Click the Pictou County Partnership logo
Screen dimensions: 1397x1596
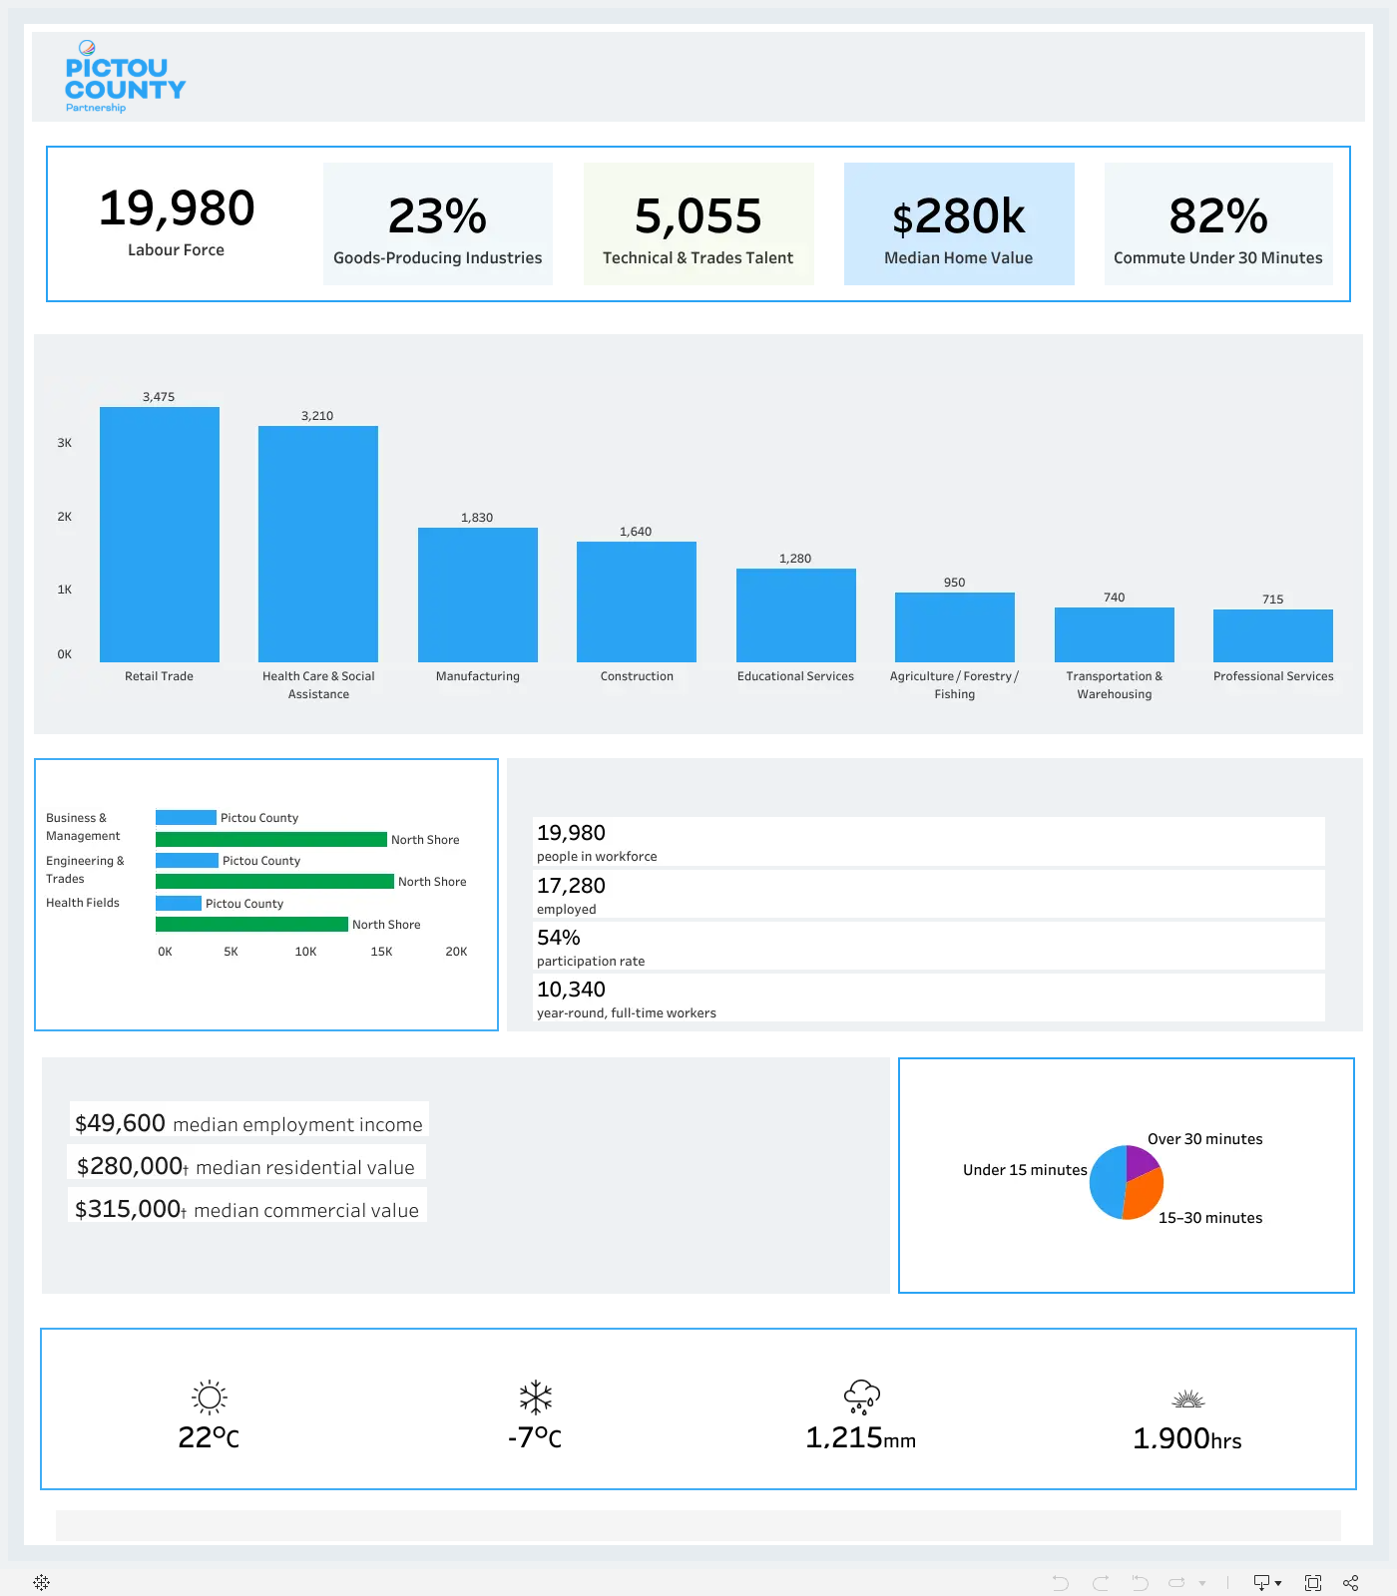[x=126, y=77]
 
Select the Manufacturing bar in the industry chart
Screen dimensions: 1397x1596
[x=478, y=595]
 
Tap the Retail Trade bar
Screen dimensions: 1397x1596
[x=160, y=535]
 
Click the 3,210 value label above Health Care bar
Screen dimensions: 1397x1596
[x=317, y=416]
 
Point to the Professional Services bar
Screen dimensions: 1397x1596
[x=1273, y=635]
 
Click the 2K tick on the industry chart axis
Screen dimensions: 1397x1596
[x=65, y=517]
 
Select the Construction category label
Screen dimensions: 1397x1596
[x=637, y=676]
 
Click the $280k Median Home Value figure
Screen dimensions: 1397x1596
[x=959, y=216]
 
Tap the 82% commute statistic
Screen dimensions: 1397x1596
[x=1218, y=215]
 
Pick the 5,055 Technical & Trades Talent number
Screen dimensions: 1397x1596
[x=698, y=216]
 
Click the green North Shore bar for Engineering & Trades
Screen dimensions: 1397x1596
[x=274, y=882]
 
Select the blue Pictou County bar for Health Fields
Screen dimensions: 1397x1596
[x=179, y=903]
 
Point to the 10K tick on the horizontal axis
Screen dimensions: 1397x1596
[x=305, y=952]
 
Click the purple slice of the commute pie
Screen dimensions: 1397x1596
[x=1140, y=1161]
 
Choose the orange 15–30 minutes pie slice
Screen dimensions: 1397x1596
[x=1145, y=1195]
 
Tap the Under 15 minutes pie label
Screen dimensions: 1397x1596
[x=1025, y=1170]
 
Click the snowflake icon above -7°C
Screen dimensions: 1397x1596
[x=536, y=1397]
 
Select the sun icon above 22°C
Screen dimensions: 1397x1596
[x=210, y=1397]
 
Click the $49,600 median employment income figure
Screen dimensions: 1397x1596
[x=120, y=1123]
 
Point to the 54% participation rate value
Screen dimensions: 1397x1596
[x=559, y=938]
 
